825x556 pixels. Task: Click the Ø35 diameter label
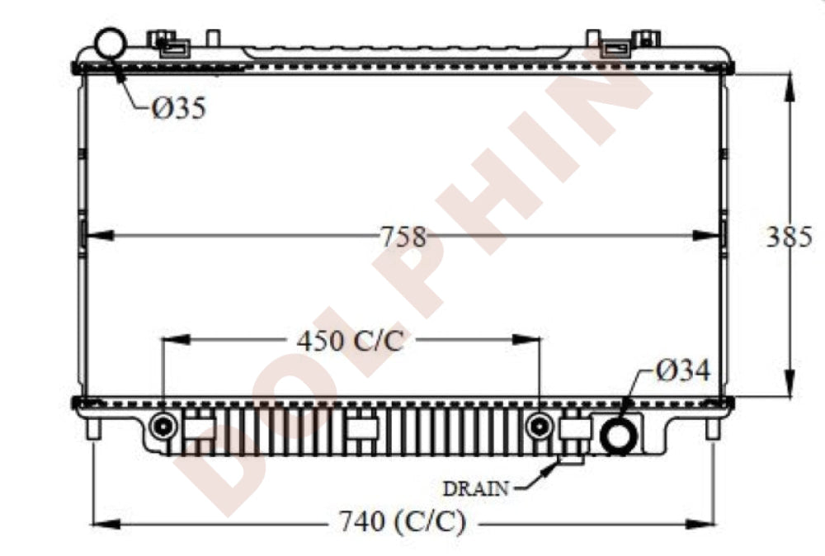pyautogui.click(x=179, y=108)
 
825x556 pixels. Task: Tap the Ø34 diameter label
pyautogui.click(x=682, y=370)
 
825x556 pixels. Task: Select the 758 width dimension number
pyautogui.click(x=403, y=237)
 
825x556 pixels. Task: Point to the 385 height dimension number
pyautogui.click(x=789, y=237)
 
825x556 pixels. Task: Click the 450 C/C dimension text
pyautogui.click(x=351, y=341)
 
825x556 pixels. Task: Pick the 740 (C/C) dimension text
pyautogui.click(x=403, y=522)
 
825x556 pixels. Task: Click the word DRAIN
pyautogui.click(x=476, y=489)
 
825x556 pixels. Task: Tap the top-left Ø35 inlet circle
pyautogui.click(x=111, y=44)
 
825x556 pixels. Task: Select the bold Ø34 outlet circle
pyautogui.click(x=620, y=436)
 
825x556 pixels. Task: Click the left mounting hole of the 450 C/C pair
pyautogui.click(x=163, y=426)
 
